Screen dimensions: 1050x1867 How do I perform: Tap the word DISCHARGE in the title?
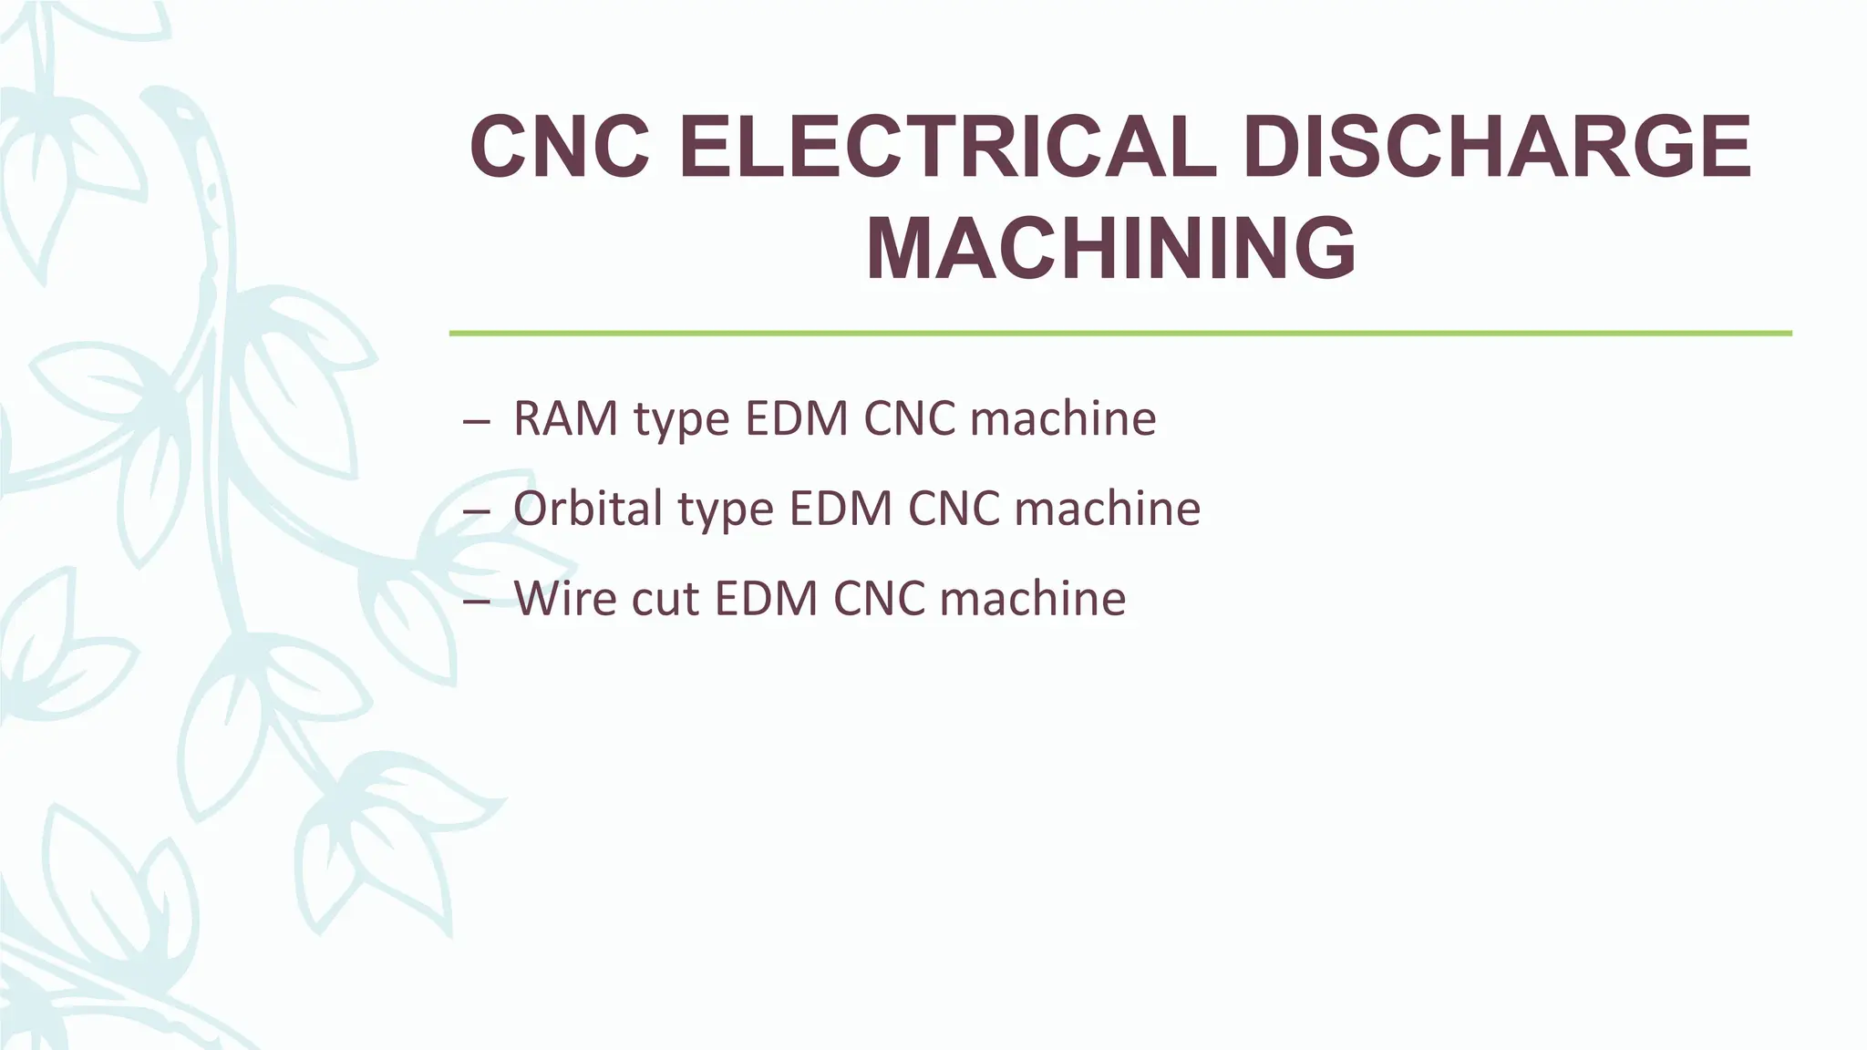[1497, 147]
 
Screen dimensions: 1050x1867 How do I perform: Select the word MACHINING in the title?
[1111, 248]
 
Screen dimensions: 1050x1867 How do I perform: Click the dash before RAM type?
[476, 422]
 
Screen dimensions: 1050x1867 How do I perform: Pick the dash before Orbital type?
[476, 511]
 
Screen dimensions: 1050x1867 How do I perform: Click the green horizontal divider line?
[1120, 334]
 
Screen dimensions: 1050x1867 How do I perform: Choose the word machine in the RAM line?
[1063, 419]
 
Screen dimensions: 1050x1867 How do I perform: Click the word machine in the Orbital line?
[1107, 509]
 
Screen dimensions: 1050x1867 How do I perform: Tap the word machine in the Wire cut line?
[1033, 599]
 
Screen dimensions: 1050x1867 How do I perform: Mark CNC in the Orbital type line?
[952, 509]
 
